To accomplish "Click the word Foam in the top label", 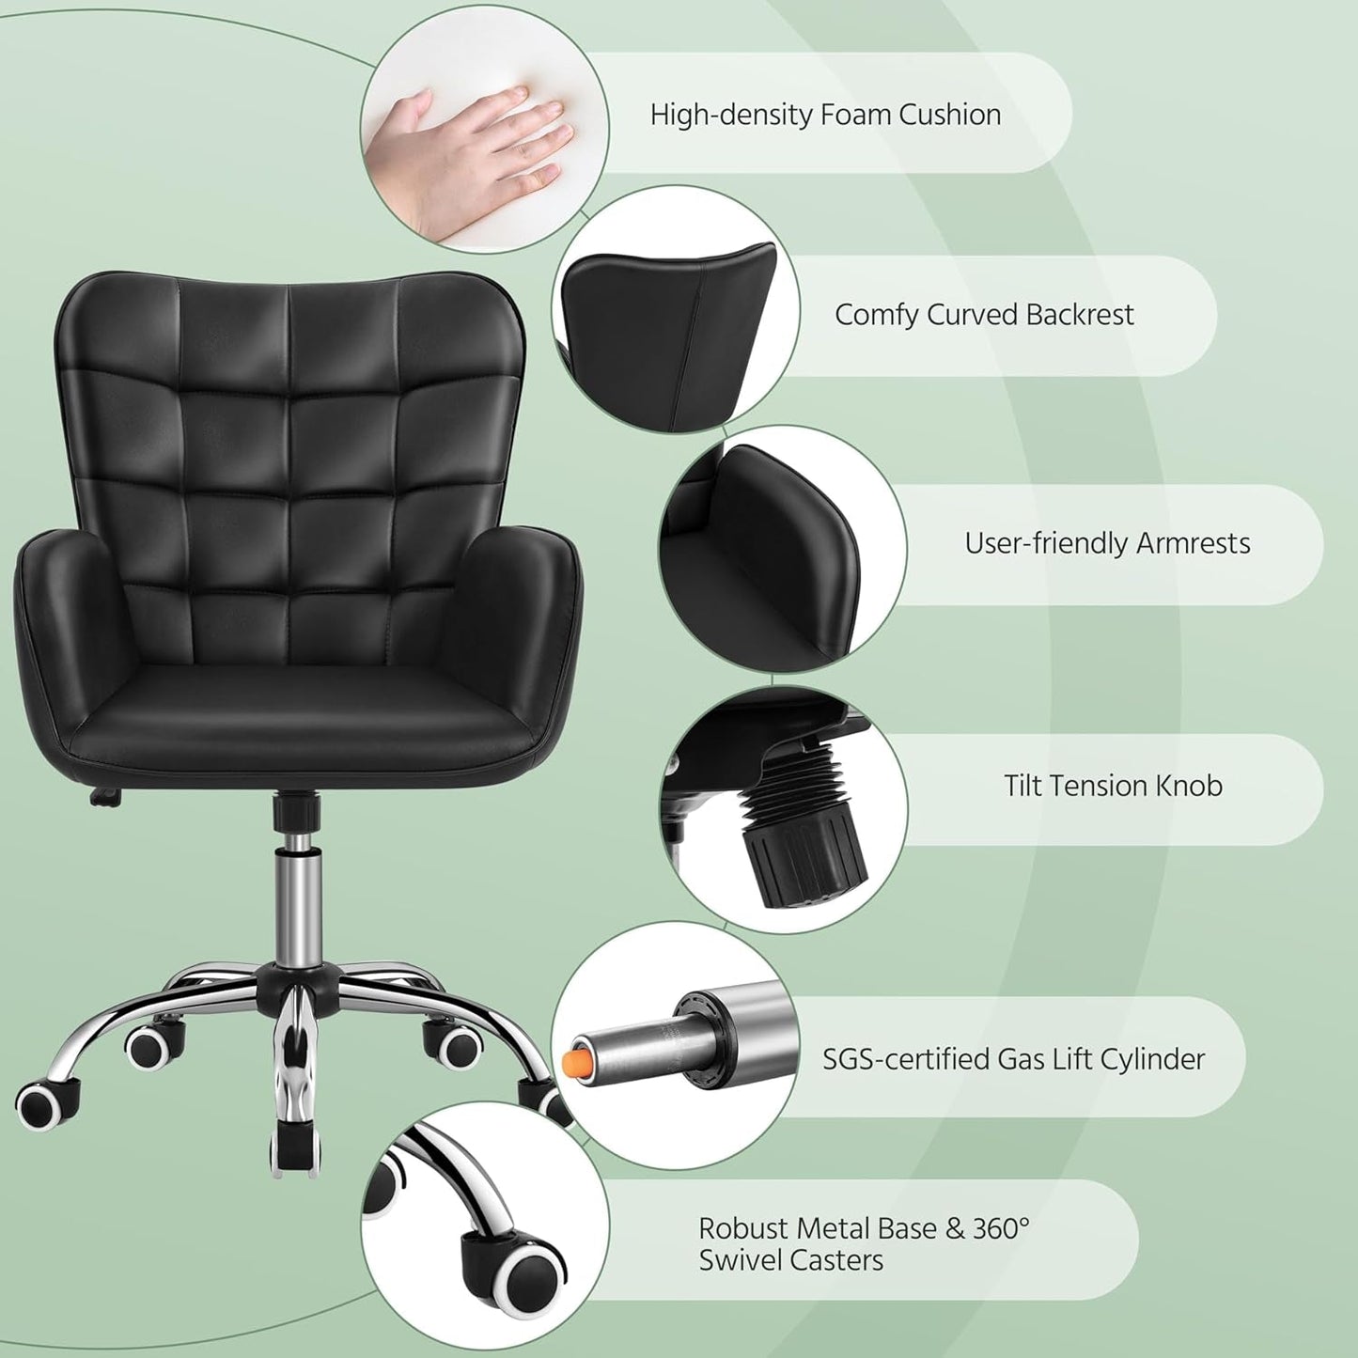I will click(855, 115).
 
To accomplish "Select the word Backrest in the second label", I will click(1080, 314).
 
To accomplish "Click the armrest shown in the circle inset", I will click(789, 554).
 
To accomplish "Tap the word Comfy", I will click(876, 314).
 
